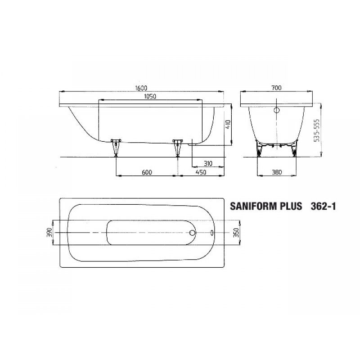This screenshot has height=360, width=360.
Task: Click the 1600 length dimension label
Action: click(141, 88)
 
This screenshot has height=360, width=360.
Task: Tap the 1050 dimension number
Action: click(150, 96)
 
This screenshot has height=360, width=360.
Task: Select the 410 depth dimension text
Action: click(228, 124)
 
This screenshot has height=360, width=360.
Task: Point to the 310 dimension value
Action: click(208, 163)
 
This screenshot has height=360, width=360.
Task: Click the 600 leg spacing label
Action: click(147, 172)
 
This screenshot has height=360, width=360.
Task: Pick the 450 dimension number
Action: click(201, 172)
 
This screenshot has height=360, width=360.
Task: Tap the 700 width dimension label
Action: click(276, 88)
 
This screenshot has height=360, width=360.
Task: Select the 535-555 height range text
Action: click(317, 130)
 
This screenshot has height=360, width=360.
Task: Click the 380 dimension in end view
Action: click(277, 172)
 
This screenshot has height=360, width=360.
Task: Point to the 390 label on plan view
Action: click(49, 233)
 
